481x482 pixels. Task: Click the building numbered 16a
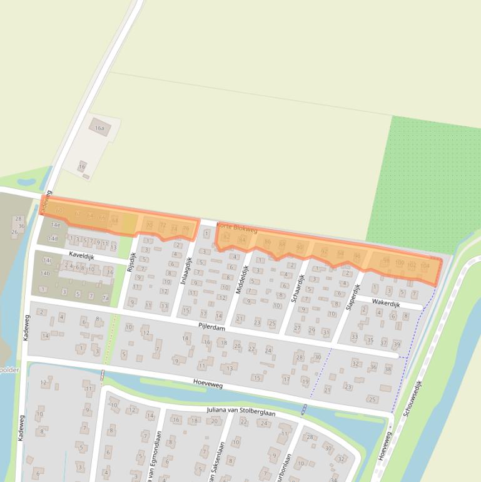[x=99, y=128]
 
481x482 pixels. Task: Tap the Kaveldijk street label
[x=82, y=255]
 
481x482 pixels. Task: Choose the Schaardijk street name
[x=298, y=287]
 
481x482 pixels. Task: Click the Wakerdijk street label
[x=386, y=302]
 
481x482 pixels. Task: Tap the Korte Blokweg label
[x=236, y=228]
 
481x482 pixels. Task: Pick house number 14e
[x=55, y=224]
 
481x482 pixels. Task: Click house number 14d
[x=53, y=238]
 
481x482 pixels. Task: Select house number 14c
[x=48, y=260]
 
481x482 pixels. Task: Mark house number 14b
[x=45, y=274]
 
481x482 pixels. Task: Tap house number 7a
[x=106, y=298]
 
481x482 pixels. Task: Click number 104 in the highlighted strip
[x=425, y=265]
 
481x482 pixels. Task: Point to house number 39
[x=396, y=344]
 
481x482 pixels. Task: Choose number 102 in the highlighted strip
[x=412, y=265]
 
